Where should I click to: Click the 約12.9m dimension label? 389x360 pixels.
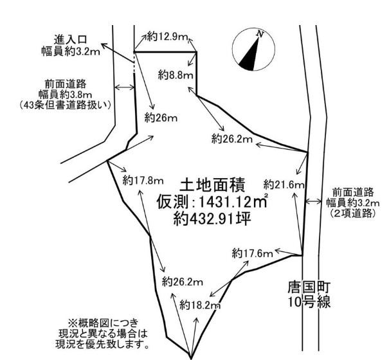[x=168, y=37]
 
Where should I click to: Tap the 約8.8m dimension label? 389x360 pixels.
[x=176, y=75]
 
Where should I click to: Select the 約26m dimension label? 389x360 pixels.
[x=161, y=118]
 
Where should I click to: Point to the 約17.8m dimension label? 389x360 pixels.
[x=143, y=181]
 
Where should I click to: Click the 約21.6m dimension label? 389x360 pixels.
[x=284, y=184]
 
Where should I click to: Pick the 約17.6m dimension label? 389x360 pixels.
[x=253, y=253]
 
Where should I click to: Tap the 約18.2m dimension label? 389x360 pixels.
[x=200, y=305]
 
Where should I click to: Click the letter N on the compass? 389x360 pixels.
[x=260, y=33]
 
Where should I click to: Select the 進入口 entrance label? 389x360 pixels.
[x=71, y=40]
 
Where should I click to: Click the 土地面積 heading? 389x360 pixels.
[x=213, y=185]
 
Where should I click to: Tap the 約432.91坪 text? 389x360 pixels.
[x=212, y=219]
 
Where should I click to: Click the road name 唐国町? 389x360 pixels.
[x=309, y=288]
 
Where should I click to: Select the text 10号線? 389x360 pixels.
[x=309, y=301]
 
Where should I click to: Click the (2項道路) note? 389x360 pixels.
[x=352, y=213]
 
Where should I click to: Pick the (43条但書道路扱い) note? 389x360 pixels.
[x=65, y=105]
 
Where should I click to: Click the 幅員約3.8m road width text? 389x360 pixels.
[x=65, y=94]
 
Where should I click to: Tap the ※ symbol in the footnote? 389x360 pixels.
[x=73, y=323]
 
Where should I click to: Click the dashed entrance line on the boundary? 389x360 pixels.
[x=134, y=63]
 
